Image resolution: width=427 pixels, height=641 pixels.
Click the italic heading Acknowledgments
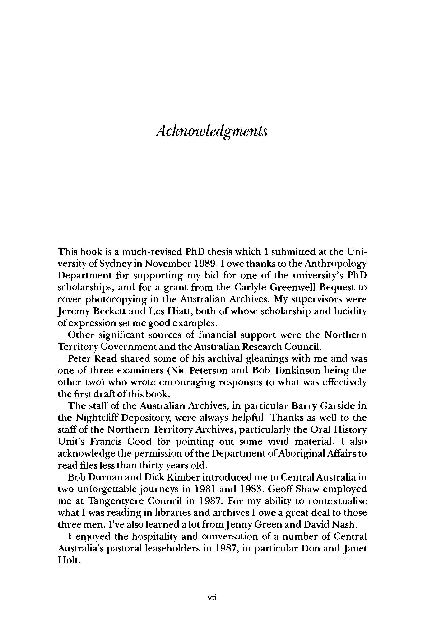pyautogui.click(x=211, y=132)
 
